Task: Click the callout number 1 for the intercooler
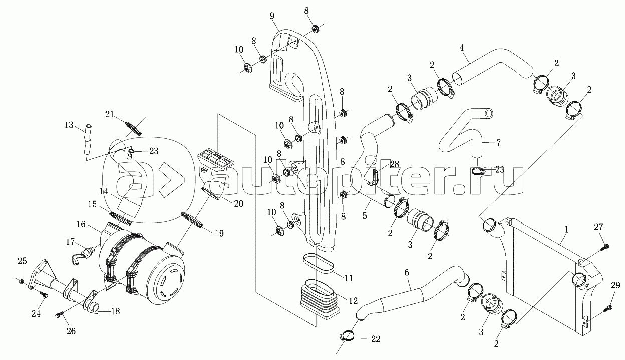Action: [566, 230]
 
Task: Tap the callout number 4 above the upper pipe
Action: [462, 48]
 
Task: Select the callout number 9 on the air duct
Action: [272, 16]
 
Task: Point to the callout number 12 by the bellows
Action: [353, 300]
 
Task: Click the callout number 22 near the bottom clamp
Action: [376, 339]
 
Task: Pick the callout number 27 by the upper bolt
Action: [598, 227]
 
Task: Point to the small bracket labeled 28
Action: [373, 177]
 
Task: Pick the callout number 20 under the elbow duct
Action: [238, 204]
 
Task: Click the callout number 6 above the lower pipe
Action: [407, 272]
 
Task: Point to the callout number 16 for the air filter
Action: [81, 224]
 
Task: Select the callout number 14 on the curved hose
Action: [104, 191]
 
